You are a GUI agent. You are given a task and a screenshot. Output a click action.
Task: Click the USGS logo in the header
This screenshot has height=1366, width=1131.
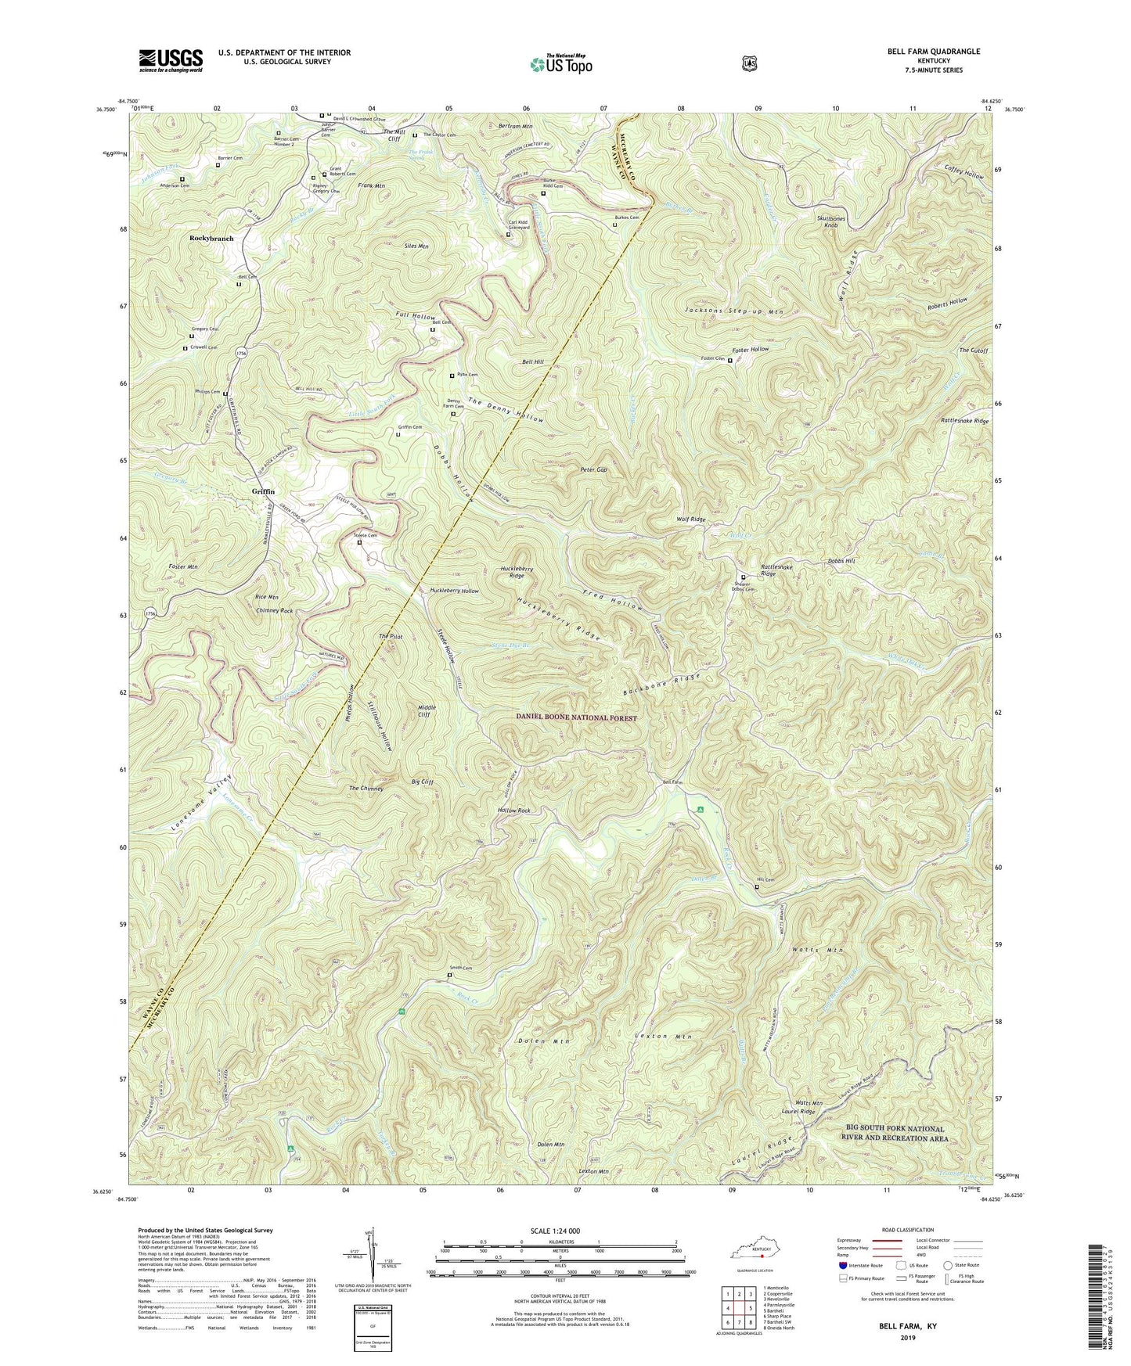point(171,59)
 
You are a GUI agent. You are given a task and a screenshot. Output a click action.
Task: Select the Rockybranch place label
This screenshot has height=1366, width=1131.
point(211,239)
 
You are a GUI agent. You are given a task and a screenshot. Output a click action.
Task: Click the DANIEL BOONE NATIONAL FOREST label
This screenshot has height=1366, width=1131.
point(576,718)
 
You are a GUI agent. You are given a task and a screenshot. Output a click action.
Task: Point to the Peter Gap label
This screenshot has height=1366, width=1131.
point(593,469)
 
